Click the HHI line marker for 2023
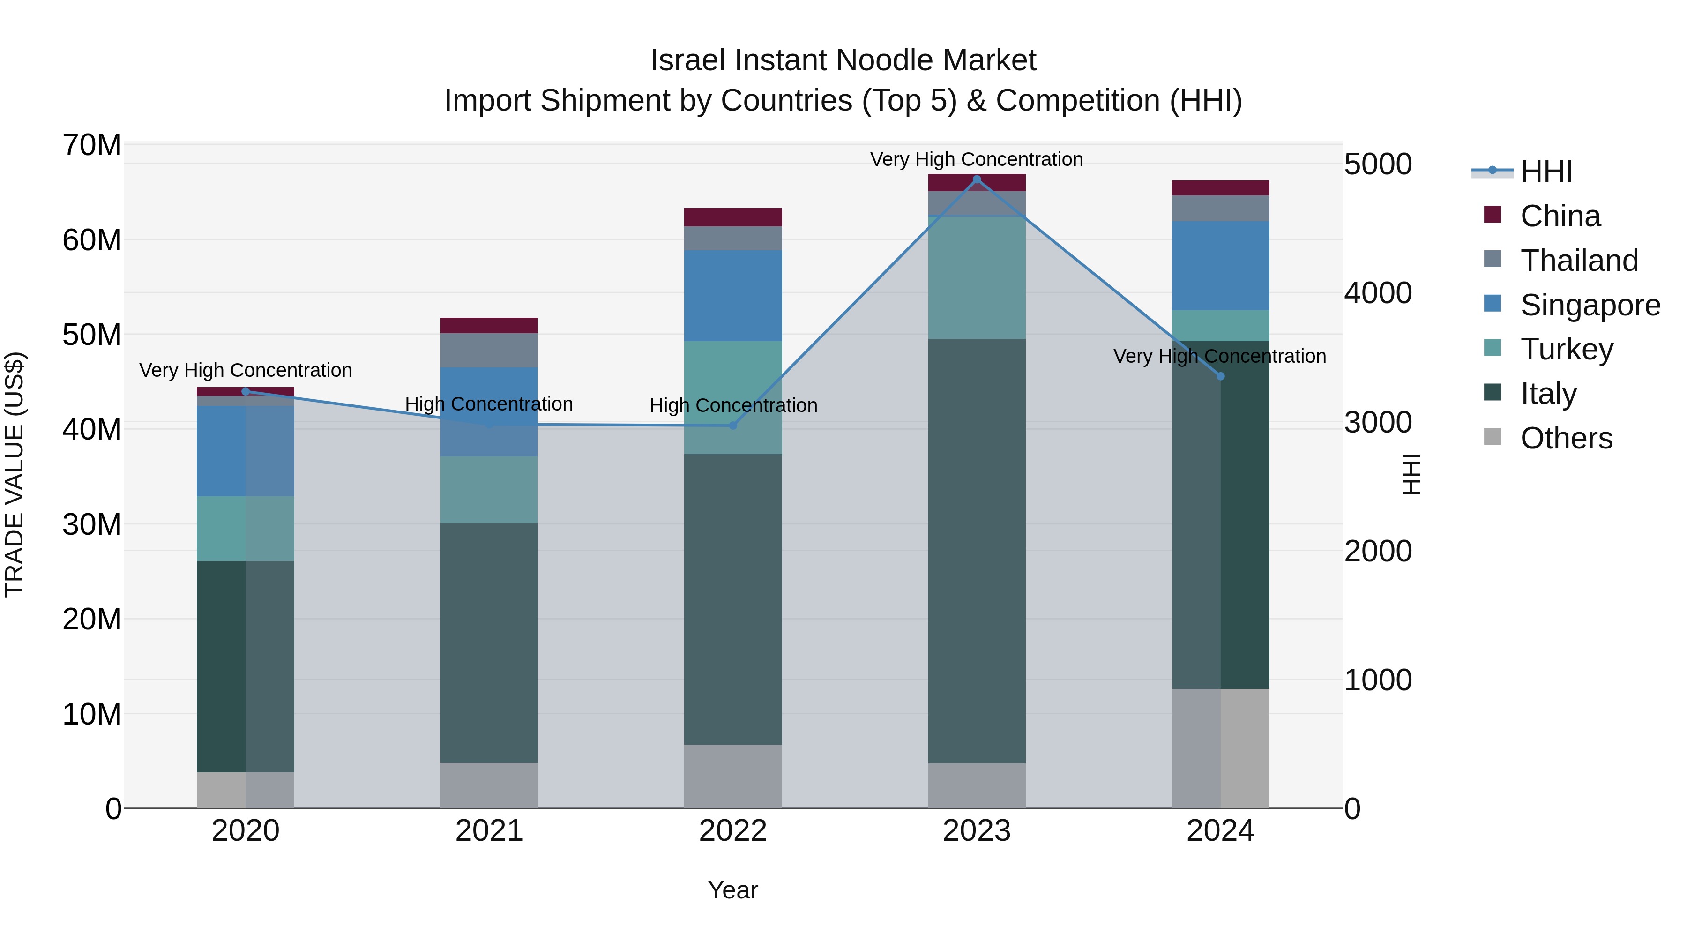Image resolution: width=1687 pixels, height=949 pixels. [x=977, y=179]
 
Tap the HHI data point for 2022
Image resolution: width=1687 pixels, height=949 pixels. [x=733, y=426]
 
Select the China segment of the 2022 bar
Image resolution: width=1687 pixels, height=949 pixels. [x=733, y=217]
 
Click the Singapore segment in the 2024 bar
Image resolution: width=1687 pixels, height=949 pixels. [x=1220, y=266]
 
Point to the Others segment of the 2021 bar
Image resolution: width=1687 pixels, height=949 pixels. [x=489, y=785]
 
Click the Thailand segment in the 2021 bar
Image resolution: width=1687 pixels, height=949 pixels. [x=489, y=351]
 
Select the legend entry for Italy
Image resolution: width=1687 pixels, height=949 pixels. [x=1548, y=394]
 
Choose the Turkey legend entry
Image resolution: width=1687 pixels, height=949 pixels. [x=1567, y=349]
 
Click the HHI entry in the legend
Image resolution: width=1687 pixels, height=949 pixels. [x=1545, y=172]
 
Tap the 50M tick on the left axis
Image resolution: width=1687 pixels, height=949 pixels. [x=92, y=335]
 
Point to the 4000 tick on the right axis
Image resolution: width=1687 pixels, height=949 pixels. [x=1378, y=293]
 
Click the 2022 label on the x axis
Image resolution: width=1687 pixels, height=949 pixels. [x=733, y=831]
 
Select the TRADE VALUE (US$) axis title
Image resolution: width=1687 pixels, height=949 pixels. [x=15, y=474]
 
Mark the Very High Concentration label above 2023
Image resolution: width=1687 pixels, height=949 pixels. [x=977, y=159]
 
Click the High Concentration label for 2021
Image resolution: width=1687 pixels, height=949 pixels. [x=489, y=404]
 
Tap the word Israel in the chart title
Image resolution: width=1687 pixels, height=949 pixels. [x=687, y=60]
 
